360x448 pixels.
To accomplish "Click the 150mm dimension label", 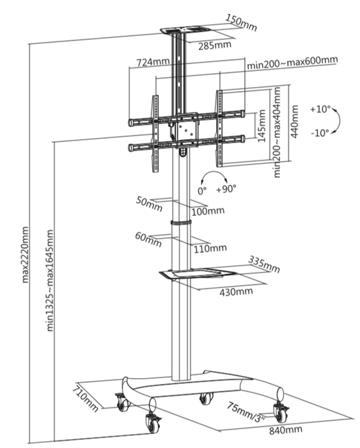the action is point(241,22).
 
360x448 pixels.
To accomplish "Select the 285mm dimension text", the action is point(215,45).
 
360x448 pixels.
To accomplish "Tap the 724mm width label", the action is point(153,62).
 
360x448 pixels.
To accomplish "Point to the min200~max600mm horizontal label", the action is point(292,62).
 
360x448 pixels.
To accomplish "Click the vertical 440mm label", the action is point(294,121).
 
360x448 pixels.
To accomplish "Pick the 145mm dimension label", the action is point(261,126).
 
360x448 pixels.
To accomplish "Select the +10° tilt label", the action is point(321,109).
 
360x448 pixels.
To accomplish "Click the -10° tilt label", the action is point(320,133).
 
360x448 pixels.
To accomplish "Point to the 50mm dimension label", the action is point(149,204).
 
